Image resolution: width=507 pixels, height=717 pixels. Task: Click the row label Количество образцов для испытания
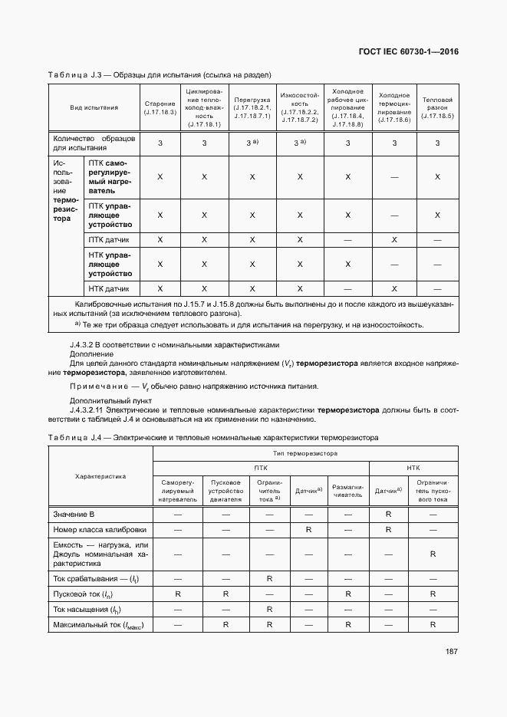94,143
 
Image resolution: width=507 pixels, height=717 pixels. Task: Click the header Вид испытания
94,107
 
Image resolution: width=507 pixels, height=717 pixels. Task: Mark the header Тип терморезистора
305,454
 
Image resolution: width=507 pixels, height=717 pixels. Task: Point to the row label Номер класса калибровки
99,529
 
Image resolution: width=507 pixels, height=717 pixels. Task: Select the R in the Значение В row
389,513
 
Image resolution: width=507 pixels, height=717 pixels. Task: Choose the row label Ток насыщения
88,610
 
